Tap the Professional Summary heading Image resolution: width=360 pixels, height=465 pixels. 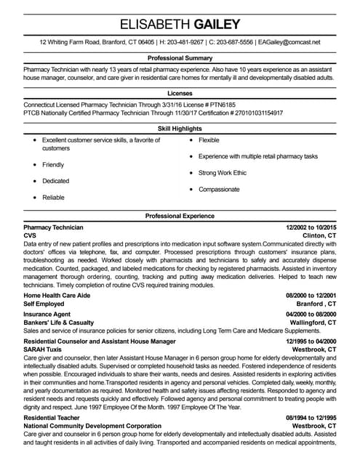tap(180, 57)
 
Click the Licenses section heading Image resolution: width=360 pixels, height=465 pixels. tap(180, 93)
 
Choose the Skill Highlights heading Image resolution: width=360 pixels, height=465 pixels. tap(180, 129)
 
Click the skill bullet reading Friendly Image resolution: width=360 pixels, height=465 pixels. tap(53, 165)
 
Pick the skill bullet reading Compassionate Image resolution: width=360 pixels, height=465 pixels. tap(219, 189)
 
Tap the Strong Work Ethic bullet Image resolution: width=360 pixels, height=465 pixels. tap(223, 173)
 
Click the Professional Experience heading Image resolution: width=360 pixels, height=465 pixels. tap(180, 216)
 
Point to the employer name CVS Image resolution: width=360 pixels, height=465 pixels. tap(29, 236)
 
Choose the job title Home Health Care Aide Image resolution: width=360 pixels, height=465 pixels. tap(58, 296)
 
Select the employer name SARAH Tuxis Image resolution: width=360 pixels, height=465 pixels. tap(43, 349)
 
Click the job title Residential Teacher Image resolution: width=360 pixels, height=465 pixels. tap(52, 418)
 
